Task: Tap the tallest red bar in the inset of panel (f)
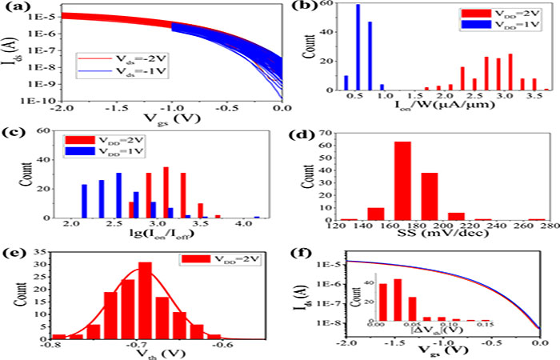pos(398,301)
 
